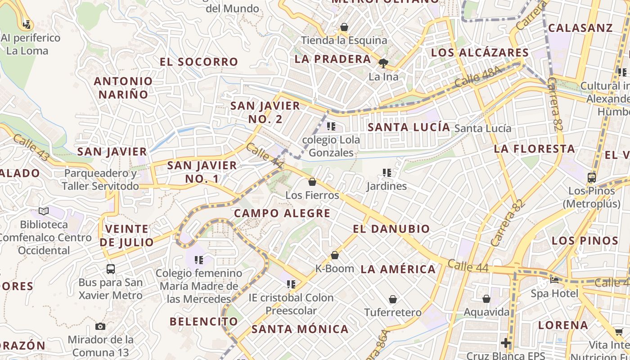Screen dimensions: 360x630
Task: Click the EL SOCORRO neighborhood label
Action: [x=198, y=62]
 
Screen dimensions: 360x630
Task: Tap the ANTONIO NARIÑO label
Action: [x=123, y=88]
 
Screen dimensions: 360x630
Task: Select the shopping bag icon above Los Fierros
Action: [x=312, y=182]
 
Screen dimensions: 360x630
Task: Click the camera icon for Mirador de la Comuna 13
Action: [x=100, y=326]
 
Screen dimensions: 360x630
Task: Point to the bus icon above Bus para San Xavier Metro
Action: [x=111, y=269]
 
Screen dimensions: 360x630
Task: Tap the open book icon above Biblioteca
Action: [x=44, y=211]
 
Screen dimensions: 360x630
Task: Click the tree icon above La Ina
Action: [x=383, y=63]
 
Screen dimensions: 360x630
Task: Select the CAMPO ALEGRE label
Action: [x=282, y=213]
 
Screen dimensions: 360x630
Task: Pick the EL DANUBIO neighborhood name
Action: [x=391, y=229]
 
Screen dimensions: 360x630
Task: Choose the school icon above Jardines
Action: [x=386, y=173]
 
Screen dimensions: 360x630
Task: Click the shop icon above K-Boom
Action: [x=335, y=255]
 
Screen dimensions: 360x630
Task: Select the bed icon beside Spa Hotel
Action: [x=554, y=280]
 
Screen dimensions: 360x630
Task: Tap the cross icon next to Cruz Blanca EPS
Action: [x=506, y=343]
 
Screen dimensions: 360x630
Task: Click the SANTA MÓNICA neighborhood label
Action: [x=300, y=329]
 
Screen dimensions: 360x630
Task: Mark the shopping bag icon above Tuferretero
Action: [x=393, y=299]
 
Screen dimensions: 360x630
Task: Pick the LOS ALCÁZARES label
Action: [x=480, y=53]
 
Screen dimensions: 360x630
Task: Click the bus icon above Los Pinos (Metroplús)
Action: [x=591, y=178]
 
